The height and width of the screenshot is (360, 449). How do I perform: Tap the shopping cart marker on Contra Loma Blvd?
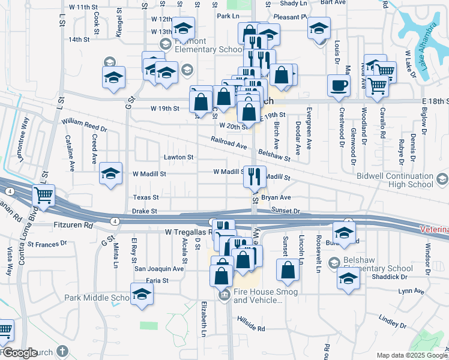point(44,194)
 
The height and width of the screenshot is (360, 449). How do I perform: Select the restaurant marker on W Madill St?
point(254,176)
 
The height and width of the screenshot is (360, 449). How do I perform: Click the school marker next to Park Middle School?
point(142,295)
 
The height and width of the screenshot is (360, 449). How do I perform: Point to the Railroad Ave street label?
point(229,142)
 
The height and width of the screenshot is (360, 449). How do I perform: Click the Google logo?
point(20,353)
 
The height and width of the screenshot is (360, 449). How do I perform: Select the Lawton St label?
point(179,157)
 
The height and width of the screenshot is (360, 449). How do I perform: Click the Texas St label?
point(146,197)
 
